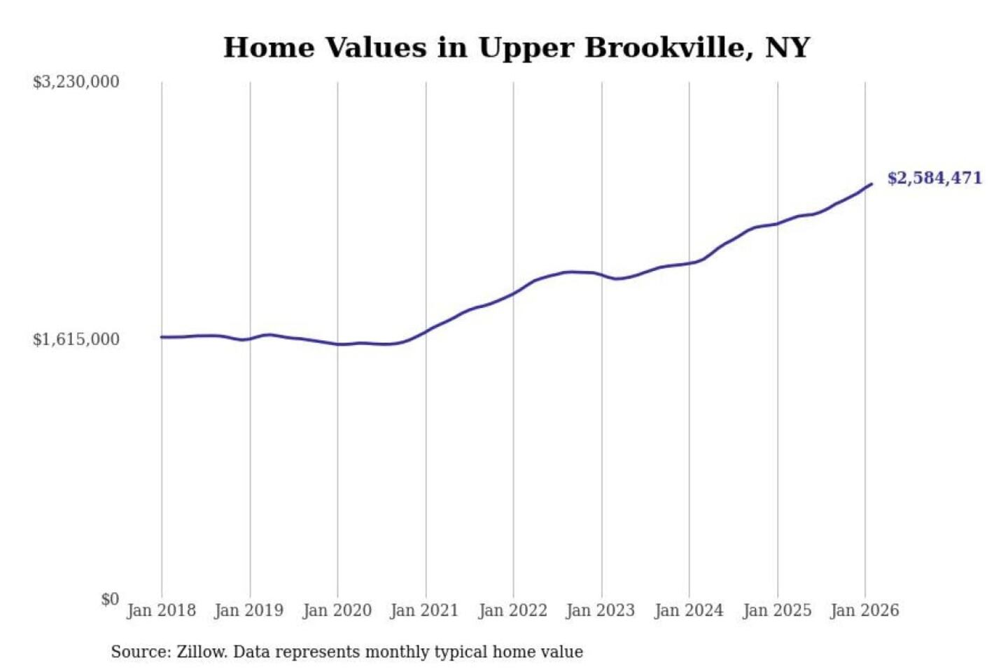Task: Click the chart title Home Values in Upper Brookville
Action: click(517, 48)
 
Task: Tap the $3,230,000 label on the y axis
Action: click(76, 82)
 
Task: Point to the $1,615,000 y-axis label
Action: click(76, 339)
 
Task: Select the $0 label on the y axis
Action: click(110, 599)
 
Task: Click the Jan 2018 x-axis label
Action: click(161, 610)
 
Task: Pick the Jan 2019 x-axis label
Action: click(249, 610)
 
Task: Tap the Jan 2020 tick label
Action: click(337, 610)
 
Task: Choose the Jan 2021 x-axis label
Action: click(424, 610)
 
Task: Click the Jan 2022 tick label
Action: click(512, 610)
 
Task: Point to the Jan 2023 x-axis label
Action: click(601, 610)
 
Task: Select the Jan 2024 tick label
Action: click(689, 610)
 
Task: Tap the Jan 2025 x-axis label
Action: click(777, 610)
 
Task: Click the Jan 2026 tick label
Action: click(864, 610)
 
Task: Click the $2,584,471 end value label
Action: click(934, 178)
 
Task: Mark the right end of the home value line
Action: click(871, 184)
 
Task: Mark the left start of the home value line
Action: click(162, 337)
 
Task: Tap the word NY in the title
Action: click(787, 48)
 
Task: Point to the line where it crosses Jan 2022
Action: click(513, 293)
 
